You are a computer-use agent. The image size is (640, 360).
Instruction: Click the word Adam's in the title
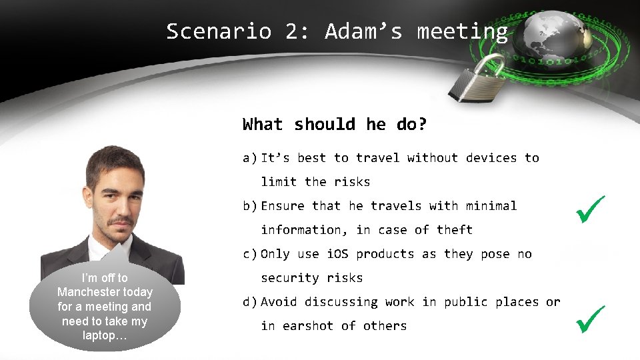click(363, 31)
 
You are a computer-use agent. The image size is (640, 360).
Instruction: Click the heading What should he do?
click(335, 125)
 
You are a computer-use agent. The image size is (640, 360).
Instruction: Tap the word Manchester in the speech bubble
click(105, 292)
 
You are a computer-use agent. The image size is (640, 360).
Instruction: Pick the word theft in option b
click(455, 230)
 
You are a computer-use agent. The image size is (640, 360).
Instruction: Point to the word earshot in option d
click(308, 326)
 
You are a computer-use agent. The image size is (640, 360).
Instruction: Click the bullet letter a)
click(250, 158)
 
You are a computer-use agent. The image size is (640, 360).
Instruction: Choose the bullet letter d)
click(250, 302)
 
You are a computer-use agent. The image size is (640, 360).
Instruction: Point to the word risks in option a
click(352, 182)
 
